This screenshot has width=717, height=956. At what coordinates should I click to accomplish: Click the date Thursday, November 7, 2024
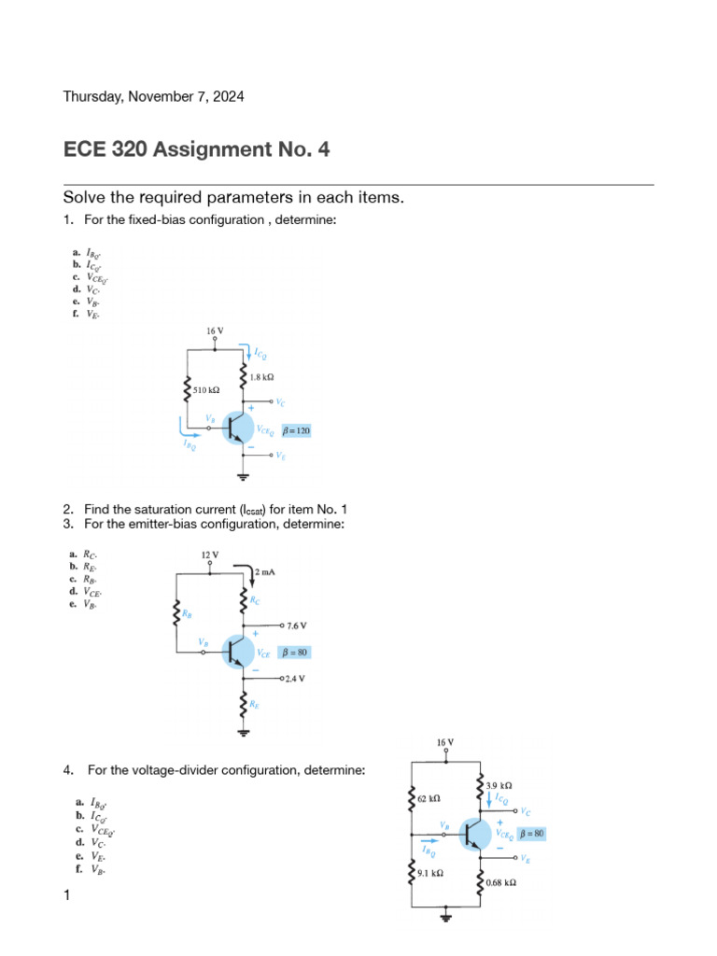[153, 96]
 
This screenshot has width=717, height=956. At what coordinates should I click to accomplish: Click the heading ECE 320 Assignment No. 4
[196, 149]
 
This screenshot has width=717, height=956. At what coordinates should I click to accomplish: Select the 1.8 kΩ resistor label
[261, 376]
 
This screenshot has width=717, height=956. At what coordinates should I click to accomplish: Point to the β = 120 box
[296, 430]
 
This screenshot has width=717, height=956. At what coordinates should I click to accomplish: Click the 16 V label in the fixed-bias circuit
[216, 330]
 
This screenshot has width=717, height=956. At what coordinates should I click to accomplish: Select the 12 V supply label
[210, 555]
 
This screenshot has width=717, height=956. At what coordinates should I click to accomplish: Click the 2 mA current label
[264, 569]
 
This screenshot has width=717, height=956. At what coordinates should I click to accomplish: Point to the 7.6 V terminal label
[296, 625]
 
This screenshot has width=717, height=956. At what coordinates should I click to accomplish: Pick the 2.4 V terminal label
[296, 679]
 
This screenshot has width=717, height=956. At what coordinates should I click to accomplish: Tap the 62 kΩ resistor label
[429, 799]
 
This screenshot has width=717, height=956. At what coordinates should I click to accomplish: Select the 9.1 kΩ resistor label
[430, 873]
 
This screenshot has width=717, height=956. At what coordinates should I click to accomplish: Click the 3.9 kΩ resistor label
[499, 785]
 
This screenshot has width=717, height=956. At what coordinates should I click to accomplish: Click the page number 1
[66, 896]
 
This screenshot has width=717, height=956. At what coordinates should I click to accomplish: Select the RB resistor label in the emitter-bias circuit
[188, 614]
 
